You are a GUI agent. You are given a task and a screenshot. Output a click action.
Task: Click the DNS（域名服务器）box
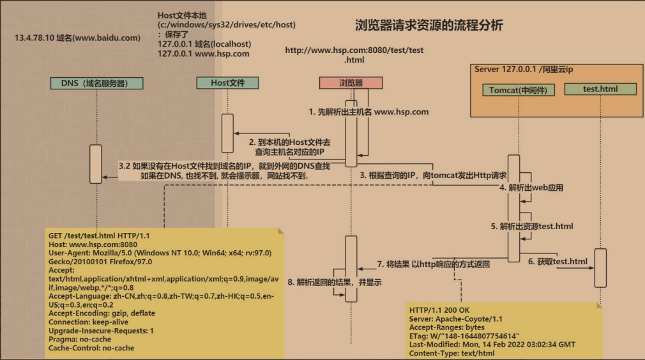click(96, 83)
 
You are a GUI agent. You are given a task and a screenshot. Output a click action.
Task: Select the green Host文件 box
click(227, 82)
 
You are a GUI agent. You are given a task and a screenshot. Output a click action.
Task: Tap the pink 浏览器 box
click(351, 83)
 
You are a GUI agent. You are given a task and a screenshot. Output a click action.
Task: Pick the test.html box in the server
click(600, 89)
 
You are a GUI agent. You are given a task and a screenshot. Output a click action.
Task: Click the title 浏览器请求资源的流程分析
click(429, 26)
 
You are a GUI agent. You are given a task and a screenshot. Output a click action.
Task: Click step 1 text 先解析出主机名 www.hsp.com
click(368, 112)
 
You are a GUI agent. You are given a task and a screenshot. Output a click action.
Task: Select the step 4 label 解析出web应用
click(531, 188)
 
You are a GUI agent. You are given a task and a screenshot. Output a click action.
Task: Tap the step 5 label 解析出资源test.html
click(532, 226)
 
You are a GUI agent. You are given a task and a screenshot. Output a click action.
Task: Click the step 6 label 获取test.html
click(558, 261)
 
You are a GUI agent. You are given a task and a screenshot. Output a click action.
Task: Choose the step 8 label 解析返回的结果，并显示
click(334, 281)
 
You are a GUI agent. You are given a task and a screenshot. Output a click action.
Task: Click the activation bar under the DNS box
click(96, 164)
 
